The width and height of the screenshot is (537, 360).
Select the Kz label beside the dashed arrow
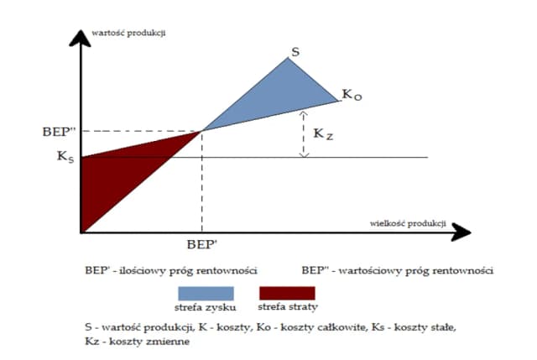(x=323, y=133)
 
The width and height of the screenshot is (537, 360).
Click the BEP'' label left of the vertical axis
(x=57, y=132)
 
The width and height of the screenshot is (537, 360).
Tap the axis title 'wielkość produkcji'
(x=405, y=222)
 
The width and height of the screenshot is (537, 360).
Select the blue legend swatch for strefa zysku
(x=206, y=292)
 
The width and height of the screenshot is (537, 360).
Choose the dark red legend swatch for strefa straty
(x=287, y=292)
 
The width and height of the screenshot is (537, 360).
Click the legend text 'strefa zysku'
(x=206, y=308)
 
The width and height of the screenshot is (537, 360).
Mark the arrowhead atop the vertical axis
(x=81, y=39)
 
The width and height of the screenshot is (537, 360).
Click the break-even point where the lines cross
(x=201, y=131)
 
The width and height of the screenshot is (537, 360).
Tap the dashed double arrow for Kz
(x=304, y=133)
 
